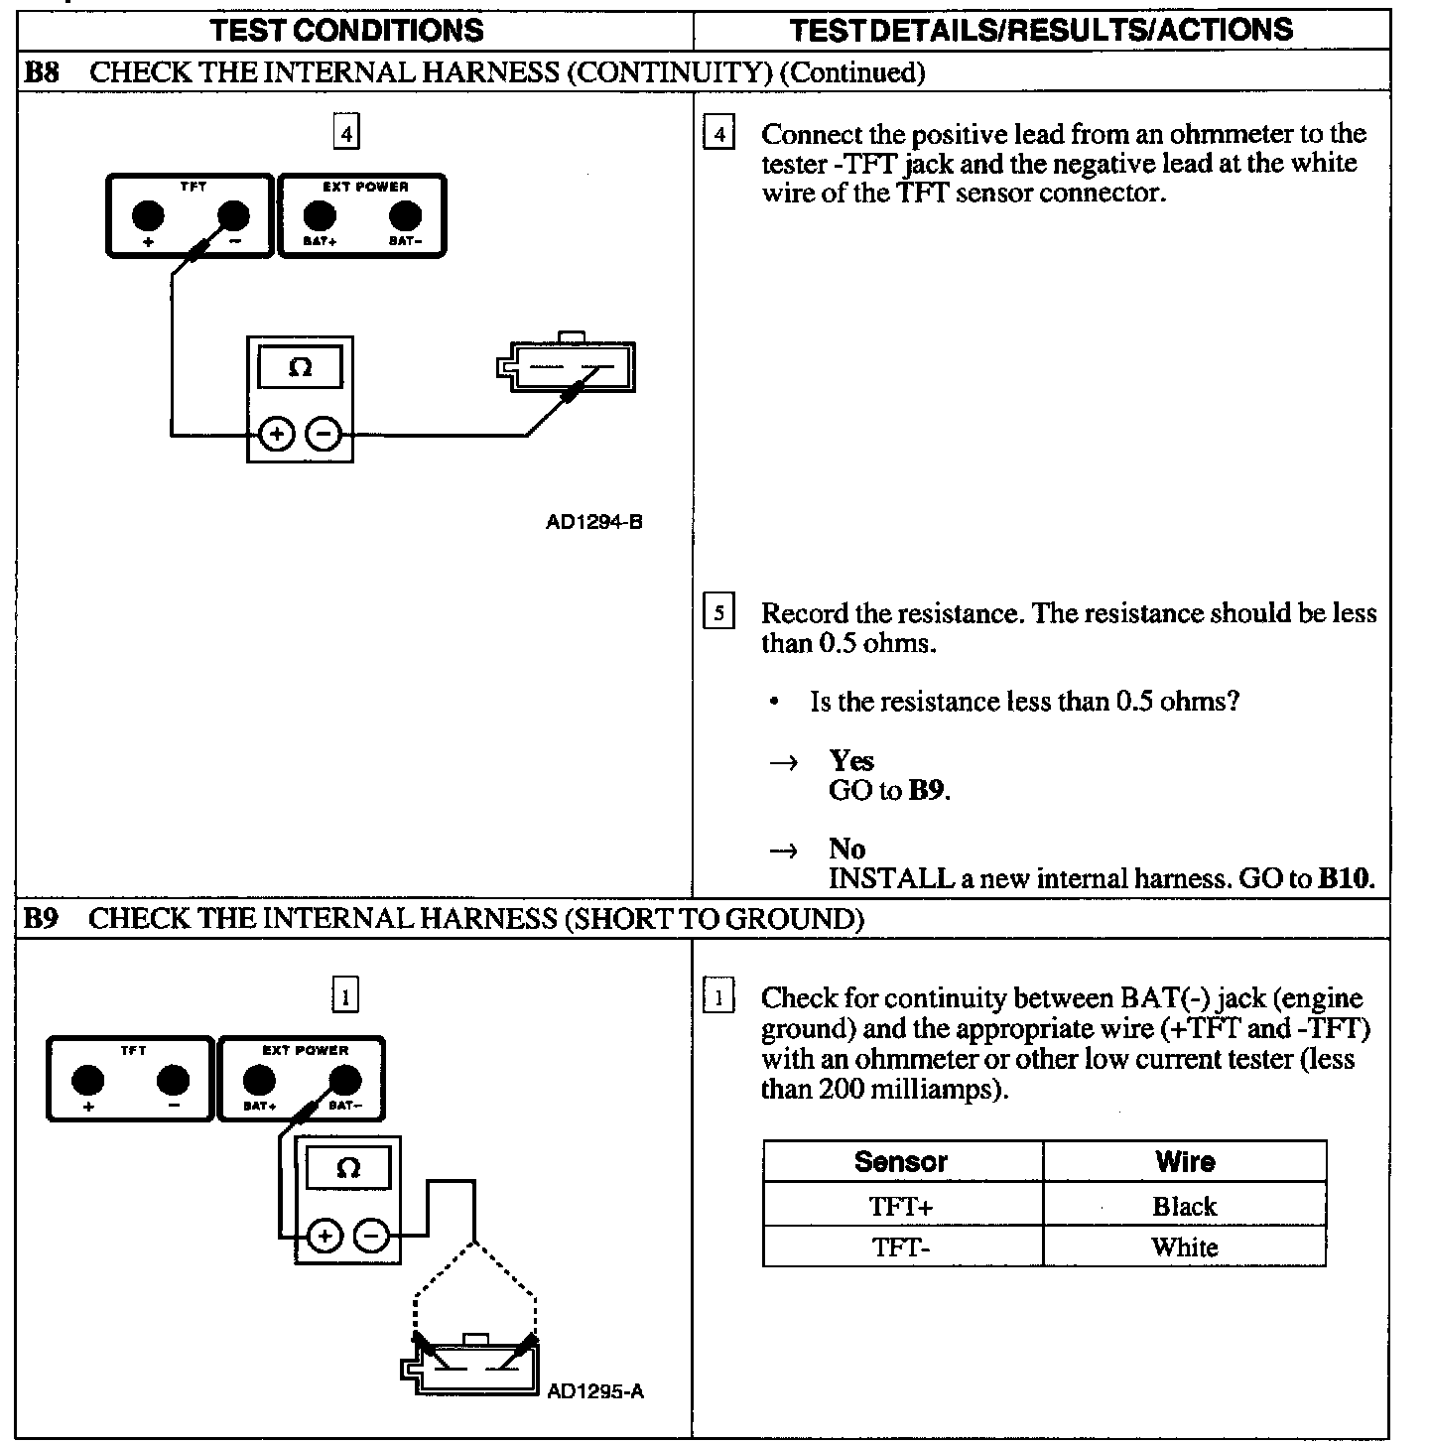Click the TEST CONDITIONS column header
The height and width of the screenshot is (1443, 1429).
click(346, 30)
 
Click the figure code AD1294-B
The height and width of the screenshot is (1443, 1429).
click(593, 521)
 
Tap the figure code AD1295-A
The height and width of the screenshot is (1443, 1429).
click(595, 1390)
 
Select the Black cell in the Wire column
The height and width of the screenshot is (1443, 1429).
click(1184, 1206)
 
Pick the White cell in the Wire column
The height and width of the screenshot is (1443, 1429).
click(1184, 1246)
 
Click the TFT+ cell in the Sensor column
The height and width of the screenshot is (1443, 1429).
click(901, 1206)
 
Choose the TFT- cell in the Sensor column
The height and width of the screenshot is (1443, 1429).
click(901, 1246)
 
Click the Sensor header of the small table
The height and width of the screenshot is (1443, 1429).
click(901, 1161)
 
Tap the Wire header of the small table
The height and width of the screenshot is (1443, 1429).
click(1185, 1161)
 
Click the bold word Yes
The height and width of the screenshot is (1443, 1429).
click(851, 761)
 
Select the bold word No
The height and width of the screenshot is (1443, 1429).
click(847, 849)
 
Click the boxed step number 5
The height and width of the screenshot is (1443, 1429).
click(718, 612)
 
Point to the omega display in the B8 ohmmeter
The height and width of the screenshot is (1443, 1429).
click(300, 368)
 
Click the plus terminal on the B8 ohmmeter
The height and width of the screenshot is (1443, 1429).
click(277, 434)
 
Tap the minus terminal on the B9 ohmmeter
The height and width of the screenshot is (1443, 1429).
click(371, 1236)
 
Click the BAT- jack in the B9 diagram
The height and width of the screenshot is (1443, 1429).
click(344, 1080)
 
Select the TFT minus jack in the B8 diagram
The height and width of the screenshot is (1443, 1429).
click(234, 214)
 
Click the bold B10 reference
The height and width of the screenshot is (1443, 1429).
click(1346, 878)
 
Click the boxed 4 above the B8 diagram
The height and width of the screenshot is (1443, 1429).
click(345, 132)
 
